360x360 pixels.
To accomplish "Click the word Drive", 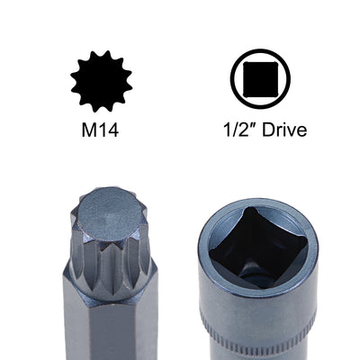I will tap(280, 130).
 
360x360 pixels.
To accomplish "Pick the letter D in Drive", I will tap(261, 130).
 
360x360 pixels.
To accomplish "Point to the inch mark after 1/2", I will tap(246, 126).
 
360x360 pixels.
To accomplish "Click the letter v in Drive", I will tap(288, 131).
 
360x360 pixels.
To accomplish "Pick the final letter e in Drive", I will tap(300, 131).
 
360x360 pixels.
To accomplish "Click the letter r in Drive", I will tap(273, 131).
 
